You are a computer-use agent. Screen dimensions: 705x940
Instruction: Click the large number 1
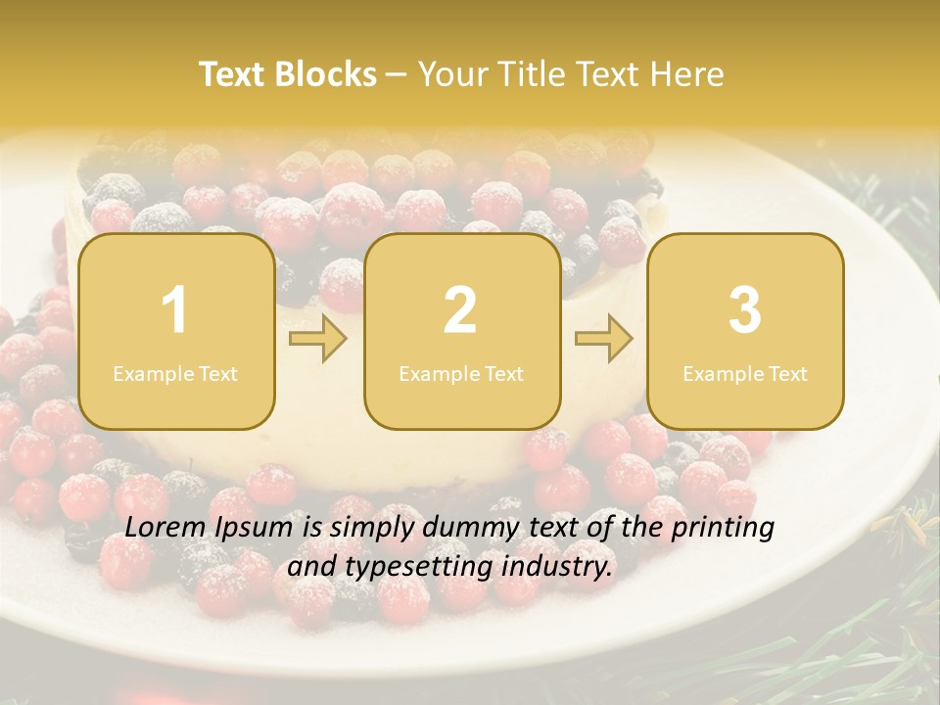(x=174, y=310)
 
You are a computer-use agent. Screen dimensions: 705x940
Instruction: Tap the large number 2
(x=460, y=310)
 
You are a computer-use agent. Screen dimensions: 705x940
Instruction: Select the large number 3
(x=745, y=310)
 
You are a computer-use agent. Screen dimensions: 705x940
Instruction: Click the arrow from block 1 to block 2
(x=318, y=340)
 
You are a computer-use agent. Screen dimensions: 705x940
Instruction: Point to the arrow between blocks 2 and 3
(x=603, y=340)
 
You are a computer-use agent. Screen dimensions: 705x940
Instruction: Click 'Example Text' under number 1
(x=175, y=373)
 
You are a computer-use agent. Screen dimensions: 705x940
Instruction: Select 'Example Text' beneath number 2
(x=461, y=373)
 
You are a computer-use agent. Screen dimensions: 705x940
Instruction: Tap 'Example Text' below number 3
(x=745, y=373)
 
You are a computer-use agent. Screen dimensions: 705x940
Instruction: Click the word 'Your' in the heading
(x=450, y=74)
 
